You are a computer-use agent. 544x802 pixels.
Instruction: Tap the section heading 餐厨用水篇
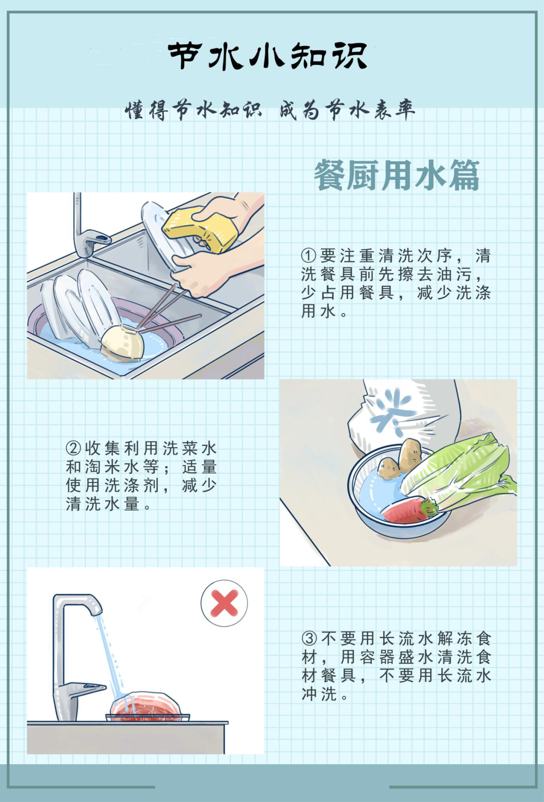(396, 175)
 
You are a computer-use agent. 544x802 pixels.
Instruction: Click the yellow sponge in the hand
(200, 229)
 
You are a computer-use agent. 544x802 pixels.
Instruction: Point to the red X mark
(224, 603)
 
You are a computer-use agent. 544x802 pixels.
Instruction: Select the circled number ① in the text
(309, 256)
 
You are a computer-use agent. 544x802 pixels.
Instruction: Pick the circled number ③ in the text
(309, 638)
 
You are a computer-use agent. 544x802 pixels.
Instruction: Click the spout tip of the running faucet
(97, 611)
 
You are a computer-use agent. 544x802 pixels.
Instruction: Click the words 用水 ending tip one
(319, 311)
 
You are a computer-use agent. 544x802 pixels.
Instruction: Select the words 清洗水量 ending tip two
(103, 504)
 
